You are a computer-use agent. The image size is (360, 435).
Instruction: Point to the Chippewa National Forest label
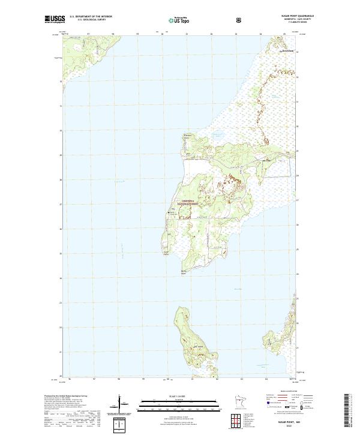[185, 203]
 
